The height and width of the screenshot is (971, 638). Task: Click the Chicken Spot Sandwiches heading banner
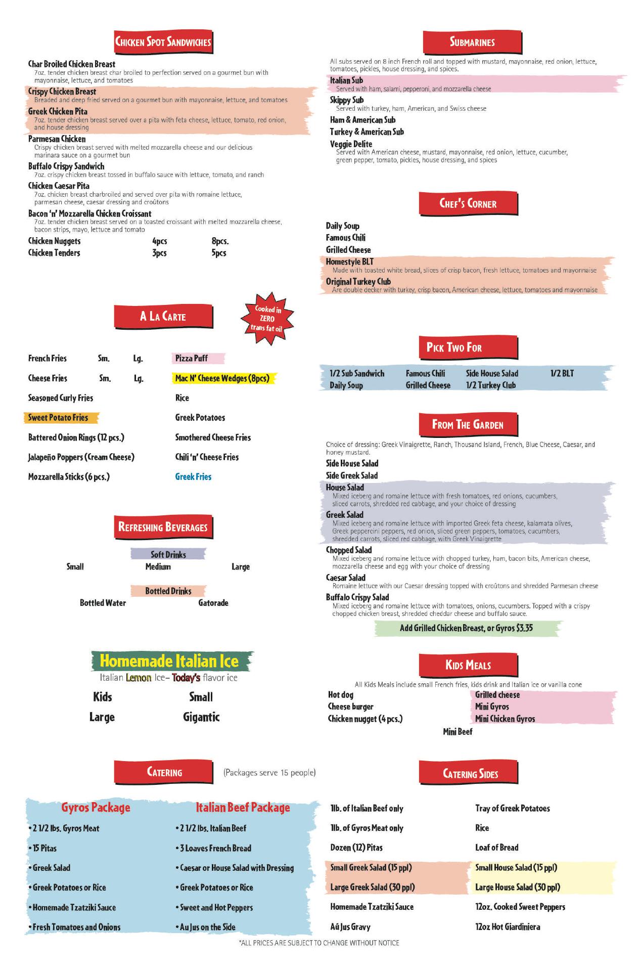click(x=163, y=42)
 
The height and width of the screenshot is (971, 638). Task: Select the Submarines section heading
click(x=472, y=42)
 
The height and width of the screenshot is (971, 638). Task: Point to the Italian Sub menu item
click(x=346, y=80)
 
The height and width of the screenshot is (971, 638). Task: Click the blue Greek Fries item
click(x=193, y=477)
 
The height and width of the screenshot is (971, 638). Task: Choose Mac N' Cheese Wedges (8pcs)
click(x=222, y=378)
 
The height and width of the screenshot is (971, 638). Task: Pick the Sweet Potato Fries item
click(x=58, y=418)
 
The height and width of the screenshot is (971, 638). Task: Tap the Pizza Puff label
click(x=191, y=359)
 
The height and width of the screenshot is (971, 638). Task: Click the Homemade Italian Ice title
click(x=169, y=661)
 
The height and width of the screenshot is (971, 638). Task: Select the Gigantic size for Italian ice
click(x=201, y=717)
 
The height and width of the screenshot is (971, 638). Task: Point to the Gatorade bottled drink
click(x=213, y=603)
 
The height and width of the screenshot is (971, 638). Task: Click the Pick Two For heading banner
click(x=453, y=347)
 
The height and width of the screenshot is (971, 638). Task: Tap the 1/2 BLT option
click(x=562, y=374)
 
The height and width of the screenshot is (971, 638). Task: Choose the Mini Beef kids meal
click(x=458, y=732)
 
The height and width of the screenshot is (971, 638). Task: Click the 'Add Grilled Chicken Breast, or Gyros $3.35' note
click(x=466, y=628)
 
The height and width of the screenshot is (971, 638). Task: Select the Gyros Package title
click(x=96, y=808)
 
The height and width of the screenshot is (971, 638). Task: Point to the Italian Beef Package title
click(x=243, y=808)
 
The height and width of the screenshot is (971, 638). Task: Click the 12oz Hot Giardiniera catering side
click(x=508, y=927)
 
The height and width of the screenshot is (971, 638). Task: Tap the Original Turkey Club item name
click(x=358, y=282)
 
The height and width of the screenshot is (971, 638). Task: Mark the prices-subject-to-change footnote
click(x=319, y=943)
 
